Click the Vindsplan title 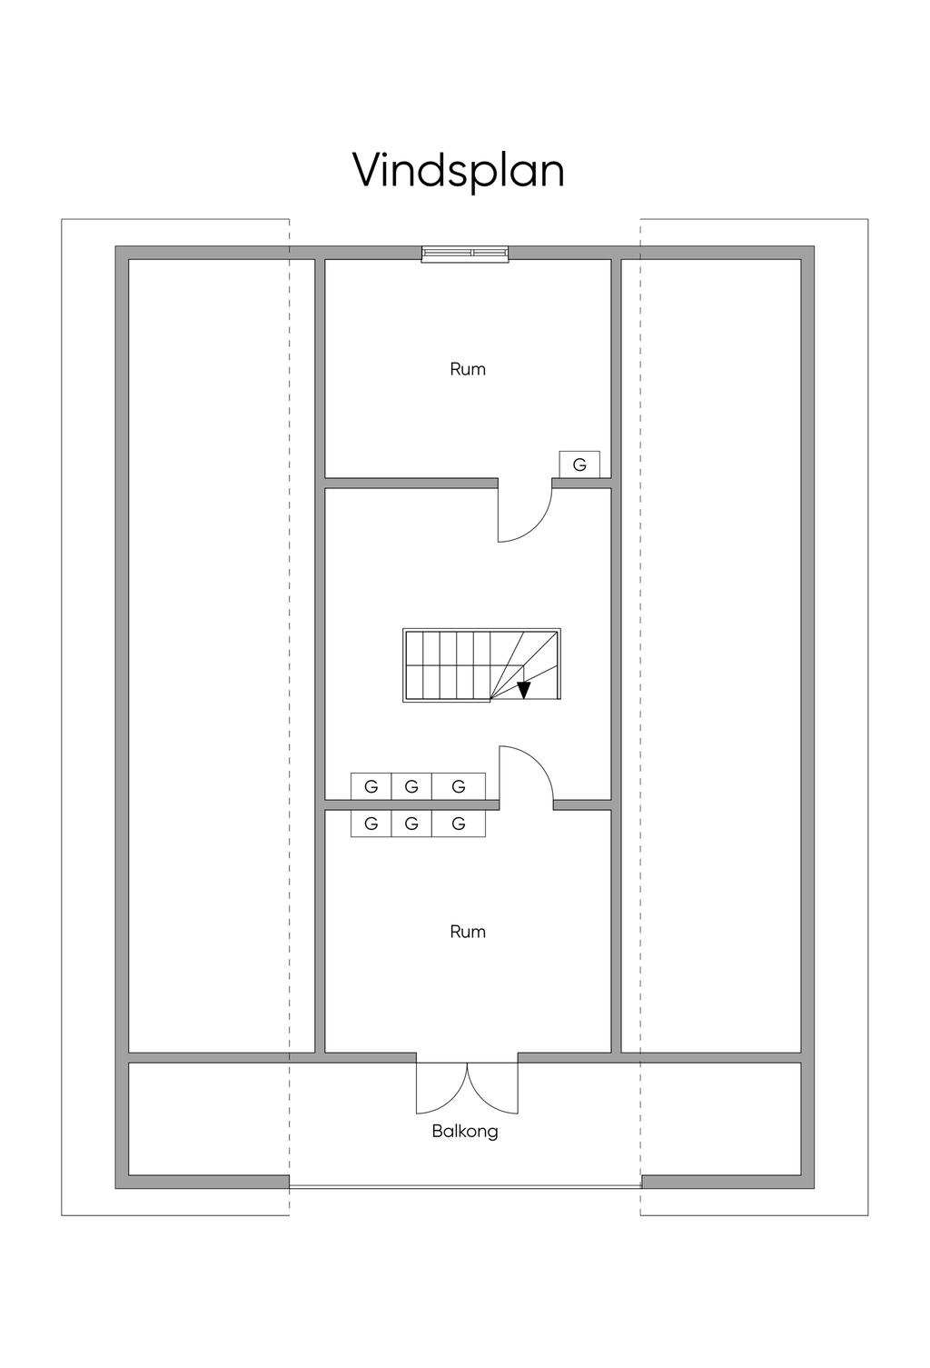[459, 172]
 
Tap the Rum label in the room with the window [468, 369]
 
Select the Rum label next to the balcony [468, 932]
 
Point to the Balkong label [465, 1132]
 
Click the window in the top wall [465, 254]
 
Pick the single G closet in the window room [579, 464]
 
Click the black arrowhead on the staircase [524, 690]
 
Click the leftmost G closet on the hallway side [371, 786]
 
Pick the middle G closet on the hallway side [411, 786]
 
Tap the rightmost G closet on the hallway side [459, 786]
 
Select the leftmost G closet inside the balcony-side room [371, 824]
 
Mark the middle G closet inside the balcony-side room [411, 824]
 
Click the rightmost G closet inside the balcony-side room [459, 824]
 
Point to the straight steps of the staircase [448, 665]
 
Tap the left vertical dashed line [289, 716]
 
